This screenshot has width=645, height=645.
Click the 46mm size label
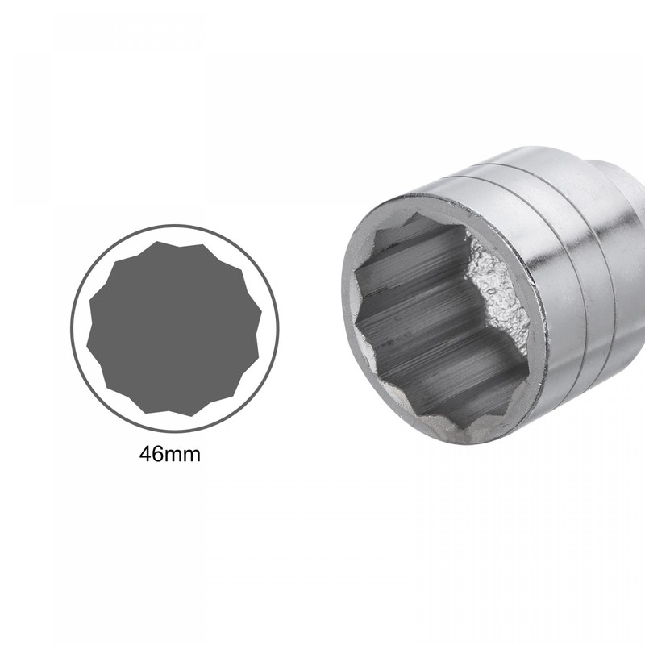tap(169, 454)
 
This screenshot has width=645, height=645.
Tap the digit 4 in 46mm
tap(146, 454)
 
